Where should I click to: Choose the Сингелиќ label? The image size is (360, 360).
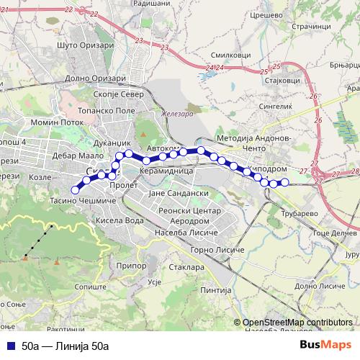[x=274, y=106]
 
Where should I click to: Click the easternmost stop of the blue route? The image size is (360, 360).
[x=284, y=182]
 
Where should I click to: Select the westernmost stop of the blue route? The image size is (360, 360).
[x=75, y=190]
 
